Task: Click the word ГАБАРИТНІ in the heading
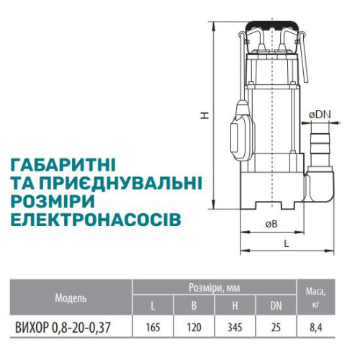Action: coord(63,165)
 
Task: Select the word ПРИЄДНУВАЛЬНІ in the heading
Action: coord(120,183)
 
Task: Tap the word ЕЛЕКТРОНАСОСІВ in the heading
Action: coord(96,219)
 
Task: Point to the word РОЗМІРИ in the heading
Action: coord(53,201)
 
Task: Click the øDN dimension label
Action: coord(320,114)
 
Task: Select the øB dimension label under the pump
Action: coord(271,224)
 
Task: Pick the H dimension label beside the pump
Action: coord(204,115)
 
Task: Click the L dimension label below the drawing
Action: coord(287,243)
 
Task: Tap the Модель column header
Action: coord(71,298)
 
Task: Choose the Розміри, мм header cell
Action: coord(215,287)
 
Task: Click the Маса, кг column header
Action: coord(316,297)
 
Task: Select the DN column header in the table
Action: coord(276,305)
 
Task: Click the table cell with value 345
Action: coord(235,328)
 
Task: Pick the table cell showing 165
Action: coord(153,328)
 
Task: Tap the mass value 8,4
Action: coord(316,328)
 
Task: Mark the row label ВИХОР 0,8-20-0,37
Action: coord(63,328)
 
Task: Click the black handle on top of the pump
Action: coord(271,26)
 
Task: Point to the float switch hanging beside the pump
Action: coord(243,131)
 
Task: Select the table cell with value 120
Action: coord(194,328)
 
